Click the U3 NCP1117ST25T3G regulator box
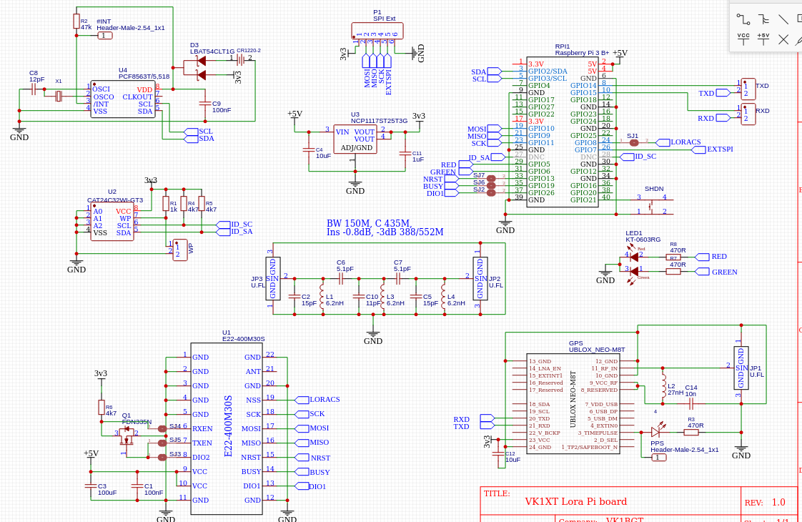point(355,139)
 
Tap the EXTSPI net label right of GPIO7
point(719,149)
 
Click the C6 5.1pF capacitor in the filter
point(341,277)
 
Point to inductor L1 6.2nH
point(322,297)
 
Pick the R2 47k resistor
point(76,21)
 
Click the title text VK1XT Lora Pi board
point(575,501)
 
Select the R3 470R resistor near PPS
point(691,432)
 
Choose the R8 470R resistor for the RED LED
point(674,257)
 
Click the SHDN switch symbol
point(651,205)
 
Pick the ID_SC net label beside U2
point(241,224)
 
